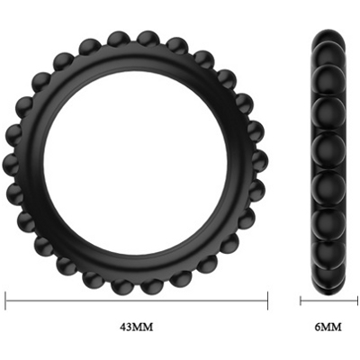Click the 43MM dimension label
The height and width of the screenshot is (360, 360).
pos(137,327)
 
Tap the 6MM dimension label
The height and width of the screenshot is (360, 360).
pos(328,327)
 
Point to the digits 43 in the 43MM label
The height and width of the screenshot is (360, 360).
pos(125,327)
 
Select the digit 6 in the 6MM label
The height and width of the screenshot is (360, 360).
pos(317,327)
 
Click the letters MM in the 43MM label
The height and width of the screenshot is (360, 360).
pos(142,327)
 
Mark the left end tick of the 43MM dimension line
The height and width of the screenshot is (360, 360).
pos(5,301)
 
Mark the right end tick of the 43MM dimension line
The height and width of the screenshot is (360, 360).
pos(267,301)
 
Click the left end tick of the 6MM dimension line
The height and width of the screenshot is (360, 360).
pos(301,301)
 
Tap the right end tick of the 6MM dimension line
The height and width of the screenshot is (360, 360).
pos(357,301)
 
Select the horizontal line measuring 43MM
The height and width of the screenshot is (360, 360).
pos(137,301)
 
